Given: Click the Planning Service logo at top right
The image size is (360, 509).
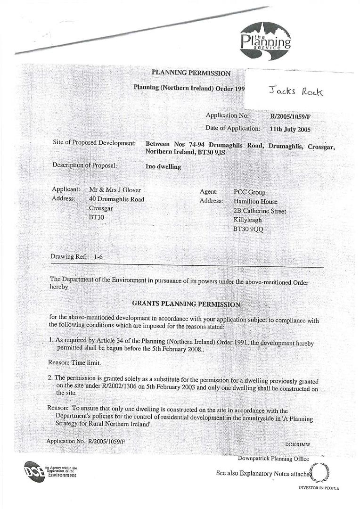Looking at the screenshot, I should click(x=265, y=41).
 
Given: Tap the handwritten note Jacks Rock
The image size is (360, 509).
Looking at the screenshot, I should click(x=296, y=91).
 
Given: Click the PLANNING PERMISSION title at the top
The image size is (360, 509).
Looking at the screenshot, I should click(x=191, y=73).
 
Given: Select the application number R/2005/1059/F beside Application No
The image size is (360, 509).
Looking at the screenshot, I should click(x=290, y=116).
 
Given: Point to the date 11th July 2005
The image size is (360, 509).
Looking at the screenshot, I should click(x=290, y=129).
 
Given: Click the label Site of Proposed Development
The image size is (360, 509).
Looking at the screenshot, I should click(x=94, y=143).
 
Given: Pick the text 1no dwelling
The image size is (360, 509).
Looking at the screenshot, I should click(x=163, y=166).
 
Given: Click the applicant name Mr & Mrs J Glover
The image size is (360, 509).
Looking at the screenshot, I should click(x=115, y=190).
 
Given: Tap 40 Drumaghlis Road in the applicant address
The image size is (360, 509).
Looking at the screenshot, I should click(x=116, y=199).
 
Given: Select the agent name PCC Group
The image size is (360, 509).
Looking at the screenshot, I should click(x=250, y=192).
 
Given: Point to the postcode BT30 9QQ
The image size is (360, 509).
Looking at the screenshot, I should click(x=249, y=229).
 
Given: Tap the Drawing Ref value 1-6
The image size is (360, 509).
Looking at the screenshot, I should click(x=98, y=257).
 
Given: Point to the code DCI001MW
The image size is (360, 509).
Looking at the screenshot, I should click(x=297, y=444).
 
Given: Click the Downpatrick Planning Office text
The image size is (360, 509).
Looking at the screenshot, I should click(x=273, y=459).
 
